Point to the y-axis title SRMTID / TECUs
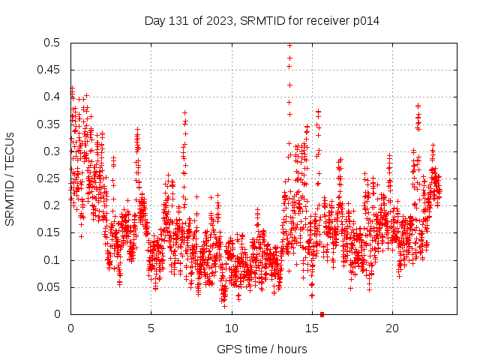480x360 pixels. [x=10, y=178]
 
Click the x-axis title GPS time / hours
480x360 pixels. [x=262, y=349]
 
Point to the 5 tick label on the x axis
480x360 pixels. [x=151, y=328]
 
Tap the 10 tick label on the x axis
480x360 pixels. [x=231, y=328]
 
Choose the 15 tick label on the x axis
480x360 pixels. [x=311, y=328]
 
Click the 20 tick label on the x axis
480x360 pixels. [x=391, y=328]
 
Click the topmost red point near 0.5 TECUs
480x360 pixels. [x=289, y=45]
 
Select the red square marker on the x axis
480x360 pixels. [x=322, y=314]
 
